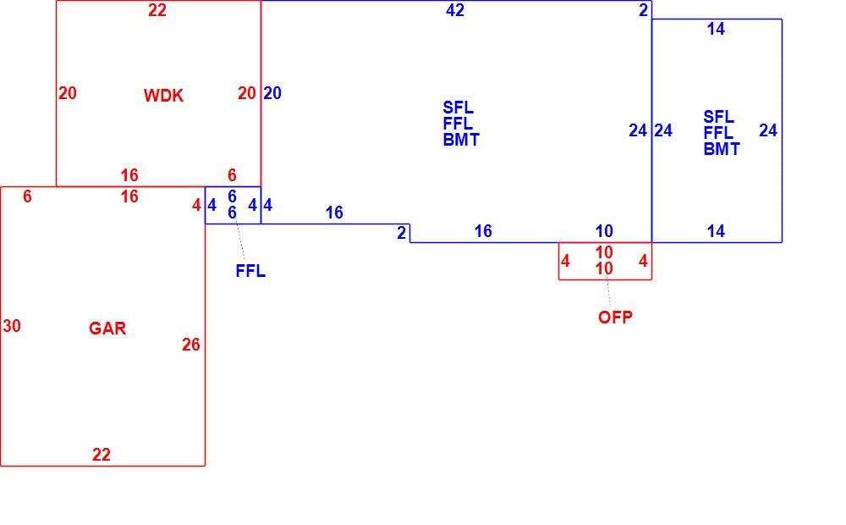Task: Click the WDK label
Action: [163, 96]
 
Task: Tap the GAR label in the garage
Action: [107, 329]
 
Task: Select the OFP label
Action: [615, 317]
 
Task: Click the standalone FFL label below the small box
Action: [250, 271]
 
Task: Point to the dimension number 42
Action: [455, 10]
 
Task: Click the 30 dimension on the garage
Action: [12, 326]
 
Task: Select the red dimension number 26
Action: [191, 345]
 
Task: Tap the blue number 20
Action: [272, 93]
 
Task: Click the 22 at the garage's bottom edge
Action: [102, 455]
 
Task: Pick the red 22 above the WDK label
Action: [157, 10]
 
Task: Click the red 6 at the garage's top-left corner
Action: [28, 196]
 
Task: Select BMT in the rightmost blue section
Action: [722, 149]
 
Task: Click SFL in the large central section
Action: [458, 108]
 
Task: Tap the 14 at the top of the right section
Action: [716, 29]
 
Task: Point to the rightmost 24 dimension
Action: [768, 130]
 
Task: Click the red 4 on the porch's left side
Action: [565, 262]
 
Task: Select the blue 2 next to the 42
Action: [643, 10]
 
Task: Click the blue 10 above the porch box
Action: [604, 232]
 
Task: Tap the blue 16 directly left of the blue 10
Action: [483, 232]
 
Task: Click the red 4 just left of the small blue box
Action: [196, 205]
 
